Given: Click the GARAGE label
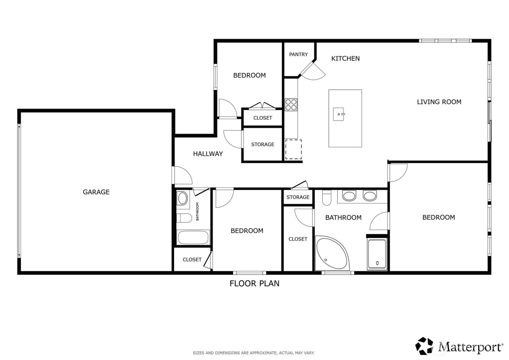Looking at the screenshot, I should [96, 192].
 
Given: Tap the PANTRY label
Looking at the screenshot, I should [298, 54].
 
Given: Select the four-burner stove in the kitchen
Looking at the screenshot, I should [291, 105].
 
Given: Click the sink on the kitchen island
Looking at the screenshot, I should [338, 114].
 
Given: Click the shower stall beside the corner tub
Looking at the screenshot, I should [377, 254].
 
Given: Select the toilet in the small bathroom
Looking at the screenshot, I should [184, 218].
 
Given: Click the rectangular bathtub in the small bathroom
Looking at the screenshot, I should [193, 237].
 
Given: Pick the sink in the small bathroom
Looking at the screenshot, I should [182, 198].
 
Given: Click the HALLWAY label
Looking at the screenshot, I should [208, 154].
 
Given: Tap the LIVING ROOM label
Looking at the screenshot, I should [439, 102].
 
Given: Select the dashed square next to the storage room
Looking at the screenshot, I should [293, 149].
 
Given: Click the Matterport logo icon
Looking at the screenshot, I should [424, 346].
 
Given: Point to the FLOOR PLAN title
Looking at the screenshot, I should [254, 283].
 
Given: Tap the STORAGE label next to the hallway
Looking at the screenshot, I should [262, 145].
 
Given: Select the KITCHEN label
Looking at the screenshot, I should [345, 59].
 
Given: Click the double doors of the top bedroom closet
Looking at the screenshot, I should [262, 106].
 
